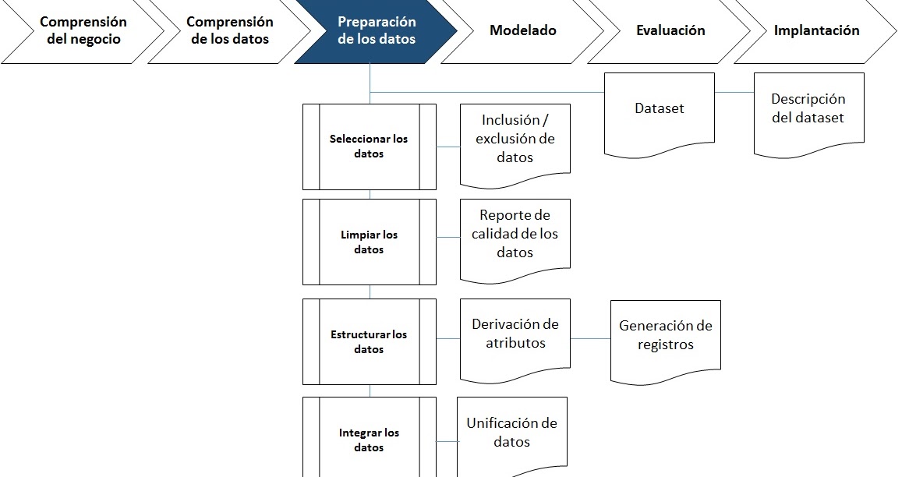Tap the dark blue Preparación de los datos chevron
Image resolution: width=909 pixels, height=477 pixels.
[x=377, y=31]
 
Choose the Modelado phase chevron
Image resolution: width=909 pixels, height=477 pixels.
[x=523, y=31]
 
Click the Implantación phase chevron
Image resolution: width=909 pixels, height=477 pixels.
[x=816, y=31]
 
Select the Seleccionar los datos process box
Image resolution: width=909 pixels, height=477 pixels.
[x=369, y=147]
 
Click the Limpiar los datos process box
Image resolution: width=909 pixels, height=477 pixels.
[x=369, y=242]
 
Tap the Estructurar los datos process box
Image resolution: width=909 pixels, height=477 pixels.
[x=369, y=341]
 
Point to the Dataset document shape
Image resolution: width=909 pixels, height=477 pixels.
[x=660, y=109]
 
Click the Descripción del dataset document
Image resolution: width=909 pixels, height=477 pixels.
[x=808, y=108]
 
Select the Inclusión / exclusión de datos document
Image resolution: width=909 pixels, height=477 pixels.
[x=515, y=140]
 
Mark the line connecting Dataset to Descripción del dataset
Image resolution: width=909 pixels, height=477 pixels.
[x=734, y=93]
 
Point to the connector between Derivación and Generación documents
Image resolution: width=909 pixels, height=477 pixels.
[x=590, y=338]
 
